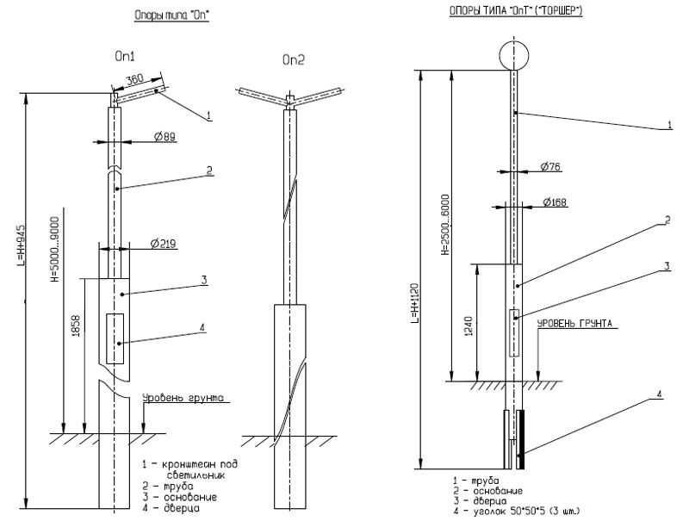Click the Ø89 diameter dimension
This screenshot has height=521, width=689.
(x=166, y=137)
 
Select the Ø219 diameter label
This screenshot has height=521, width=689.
(x=163, y=244)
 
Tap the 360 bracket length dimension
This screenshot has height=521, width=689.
(x=134, y=80)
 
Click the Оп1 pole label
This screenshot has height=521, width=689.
(x=126, y=54)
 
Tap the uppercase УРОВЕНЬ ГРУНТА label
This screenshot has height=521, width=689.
(x=574, y=324)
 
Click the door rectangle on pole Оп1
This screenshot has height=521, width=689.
(x=115, y=340)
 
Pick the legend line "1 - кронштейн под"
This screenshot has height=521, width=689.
(x=189, y=464)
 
